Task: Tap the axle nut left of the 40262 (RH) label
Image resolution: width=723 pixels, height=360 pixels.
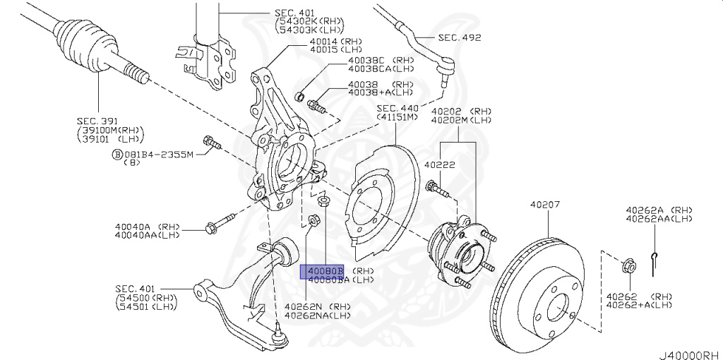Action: [x=631, y=268]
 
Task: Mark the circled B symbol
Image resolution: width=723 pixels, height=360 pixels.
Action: [x=116, y=154]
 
